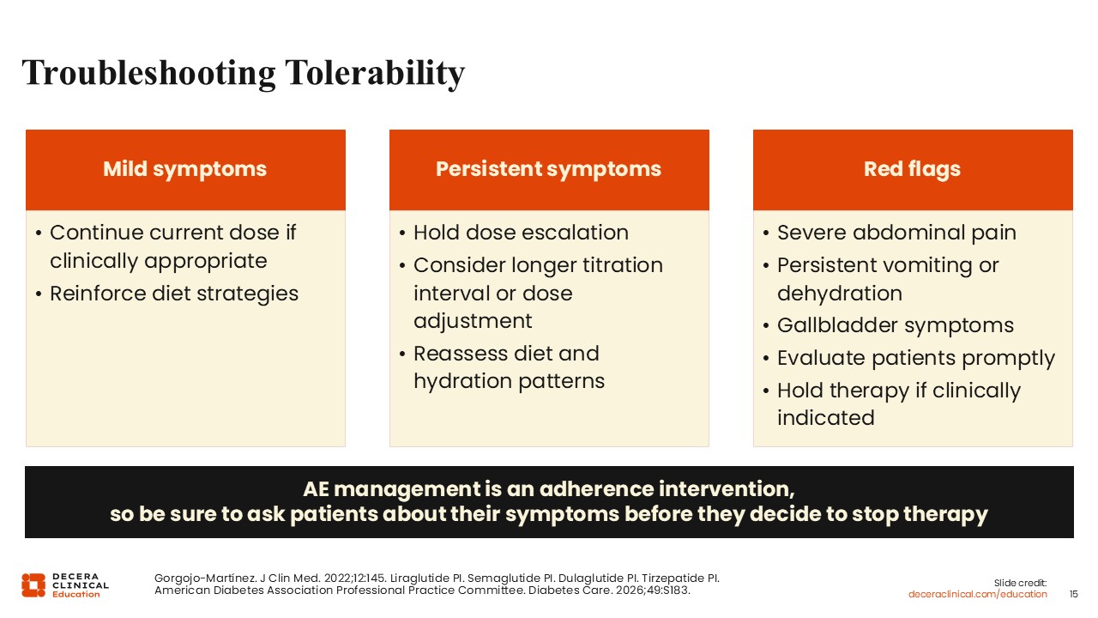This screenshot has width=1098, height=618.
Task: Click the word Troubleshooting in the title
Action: click(x=148, y=74)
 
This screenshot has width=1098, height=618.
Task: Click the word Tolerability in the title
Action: click(x=375, y=73)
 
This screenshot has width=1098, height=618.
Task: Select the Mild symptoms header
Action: click(x=184, y=169)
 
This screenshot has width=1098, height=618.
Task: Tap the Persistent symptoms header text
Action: click(x=548, y=169)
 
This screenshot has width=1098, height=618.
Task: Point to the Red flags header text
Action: click(x=912, y=169)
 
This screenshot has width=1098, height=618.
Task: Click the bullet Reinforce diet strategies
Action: click(x=174, y=294)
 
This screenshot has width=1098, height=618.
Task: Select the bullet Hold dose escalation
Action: click(x=521, y=233)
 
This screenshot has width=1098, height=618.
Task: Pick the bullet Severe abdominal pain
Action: click(x=897, y=233)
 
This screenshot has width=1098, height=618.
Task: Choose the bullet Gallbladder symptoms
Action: click(x=896, y=325)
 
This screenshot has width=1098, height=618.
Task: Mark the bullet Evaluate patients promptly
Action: click(x=916, y=358)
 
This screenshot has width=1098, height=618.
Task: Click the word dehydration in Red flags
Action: click(x=840, y=294)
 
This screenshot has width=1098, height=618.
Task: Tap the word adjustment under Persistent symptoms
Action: click(x=473, y=321)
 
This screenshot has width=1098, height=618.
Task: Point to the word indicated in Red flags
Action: click(x=826, y=418)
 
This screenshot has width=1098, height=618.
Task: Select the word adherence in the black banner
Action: click(x=596, y=489)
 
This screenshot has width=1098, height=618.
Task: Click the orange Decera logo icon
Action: click(x=33, y=585)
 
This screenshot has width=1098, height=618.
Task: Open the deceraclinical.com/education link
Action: click(x=977, y=595)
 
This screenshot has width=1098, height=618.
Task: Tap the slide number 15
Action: click(x=1073, y=595)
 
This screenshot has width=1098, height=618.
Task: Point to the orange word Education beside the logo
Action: click(x=76, y=595)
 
